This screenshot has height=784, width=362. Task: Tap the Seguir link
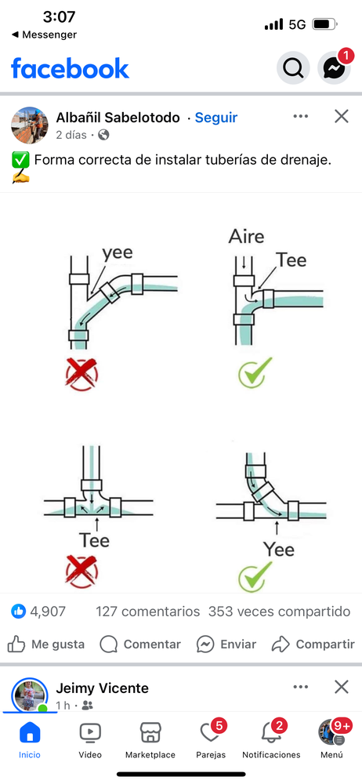click(216, 118)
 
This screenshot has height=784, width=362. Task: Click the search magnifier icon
click(293, 67)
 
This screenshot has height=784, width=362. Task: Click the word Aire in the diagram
click(247, 237)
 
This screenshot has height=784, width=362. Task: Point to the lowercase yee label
click(118, 253)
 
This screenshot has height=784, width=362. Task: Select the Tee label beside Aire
click(291, 260)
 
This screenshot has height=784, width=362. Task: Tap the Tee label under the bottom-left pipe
click(94, 540)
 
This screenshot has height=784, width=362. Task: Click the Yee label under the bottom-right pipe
click(279, 550)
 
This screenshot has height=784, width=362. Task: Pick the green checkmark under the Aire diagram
click(255, 372)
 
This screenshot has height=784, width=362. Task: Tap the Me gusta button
click(46, 644)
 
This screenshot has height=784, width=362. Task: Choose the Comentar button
click(140, 644)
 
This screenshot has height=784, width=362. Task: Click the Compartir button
click(313, 644)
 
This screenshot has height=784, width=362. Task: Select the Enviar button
click(226, 644)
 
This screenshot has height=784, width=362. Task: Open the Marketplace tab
click(150, 741)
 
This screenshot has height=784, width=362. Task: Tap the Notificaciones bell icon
click(271, 734)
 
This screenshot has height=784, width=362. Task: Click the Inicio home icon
click(30, 734)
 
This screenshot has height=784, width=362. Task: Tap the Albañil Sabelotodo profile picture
click(30, 125)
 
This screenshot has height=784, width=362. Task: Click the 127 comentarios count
click(148, 612)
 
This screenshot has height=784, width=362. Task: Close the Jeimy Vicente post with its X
click(342, 687)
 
